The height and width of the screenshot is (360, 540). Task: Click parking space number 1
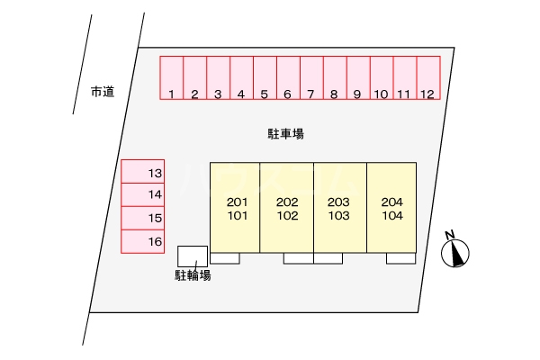[171, 78]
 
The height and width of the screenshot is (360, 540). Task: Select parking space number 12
[427, 78]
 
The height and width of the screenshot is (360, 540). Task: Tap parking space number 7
[310, 78]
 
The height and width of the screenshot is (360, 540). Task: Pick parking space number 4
[241, 78]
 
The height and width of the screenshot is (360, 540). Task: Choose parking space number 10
[381, 78]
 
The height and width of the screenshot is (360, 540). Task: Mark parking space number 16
[143, 241]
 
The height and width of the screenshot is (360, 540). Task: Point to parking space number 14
[143, 194]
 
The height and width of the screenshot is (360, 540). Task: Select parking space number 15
[143, 218]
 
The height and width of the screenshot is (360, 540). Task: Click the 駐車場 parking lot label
[285, 134]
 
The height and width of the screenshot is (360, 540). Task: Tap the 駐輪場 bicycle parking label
[193, 275]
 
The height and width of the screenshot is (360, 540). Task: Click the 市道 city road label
[103, 91]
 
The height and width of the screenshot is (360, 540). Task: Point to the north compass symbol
[456, 251]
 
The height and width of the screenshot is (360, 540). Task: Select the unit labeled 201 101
[235, 208]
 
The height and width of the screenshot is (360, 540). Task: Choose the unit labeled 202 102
[287, 208]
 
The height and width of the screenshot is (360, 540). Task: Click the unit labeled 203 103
[339, 208]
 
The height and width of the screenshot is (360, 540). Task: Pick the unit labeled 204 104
[392, 208]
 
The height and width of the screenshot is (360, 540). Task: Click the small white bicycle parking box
[193, 256]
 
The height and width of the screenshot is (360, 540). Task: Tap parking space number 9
[357, 78]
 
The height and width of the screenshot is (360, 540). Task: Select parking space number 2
[194, 78]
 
